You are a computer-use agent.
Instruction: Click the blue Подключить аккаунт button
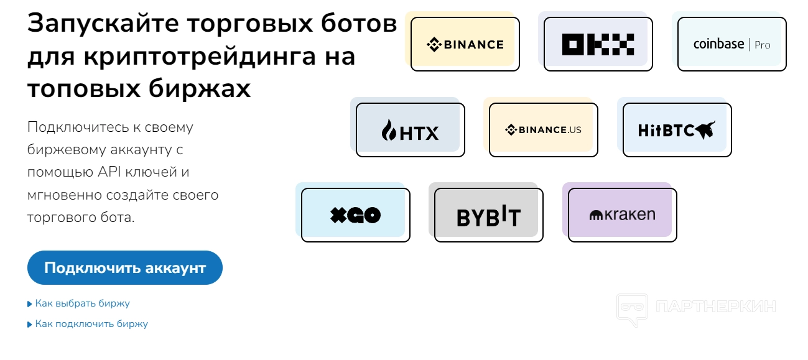click(x=124, y=268)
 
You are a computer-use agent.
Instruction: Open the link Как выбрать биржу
click(x=82, y=303)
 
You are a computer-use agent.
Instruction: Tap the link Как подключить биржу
click(x=91, y=324)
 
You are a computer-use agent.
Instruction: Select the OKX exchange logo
click(x=598, y=44)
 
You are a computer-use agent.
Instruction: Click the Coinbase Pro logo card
click(x=731, y=44)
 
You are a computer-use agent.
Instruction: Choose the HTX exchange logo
click(x=410, y=130)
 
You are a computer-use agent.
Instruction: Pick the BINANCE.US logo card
click(x=543, y=130)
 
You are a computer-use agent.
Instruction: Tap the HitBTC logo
click(x=677, y=130)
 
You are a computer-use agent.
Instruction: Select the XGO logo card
click(x=355, y=215)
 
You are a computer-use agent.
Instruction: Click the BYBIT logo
click(x=488, y=215)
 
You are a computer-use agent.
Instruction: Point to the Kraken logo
click(x=622, y=215)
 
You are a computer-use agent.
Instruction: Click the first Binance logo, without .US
click(x=465, y=44)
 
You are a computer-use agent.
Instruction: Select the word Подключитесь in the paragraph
click(x=75, y=127)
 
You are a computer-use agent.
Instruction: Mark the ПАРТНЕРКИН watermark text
click(x=715, y=307)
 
